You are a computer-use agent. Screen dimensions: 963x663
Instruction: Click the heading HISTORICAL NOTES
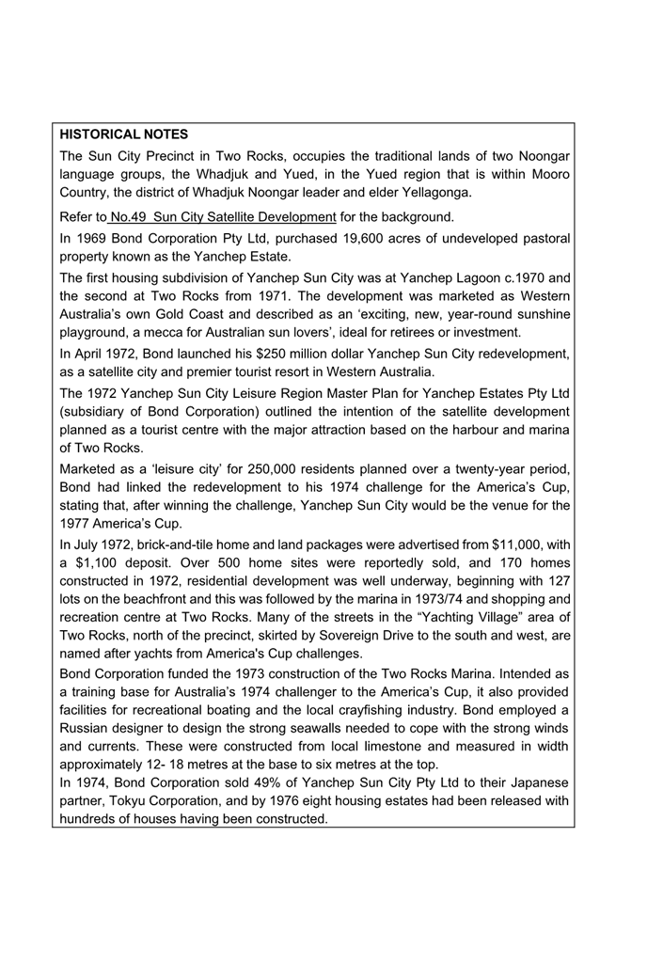tap(123, 135)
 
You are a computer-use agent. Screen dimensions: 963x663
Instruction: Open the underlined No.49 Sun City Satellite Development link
tap(223, 218)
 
